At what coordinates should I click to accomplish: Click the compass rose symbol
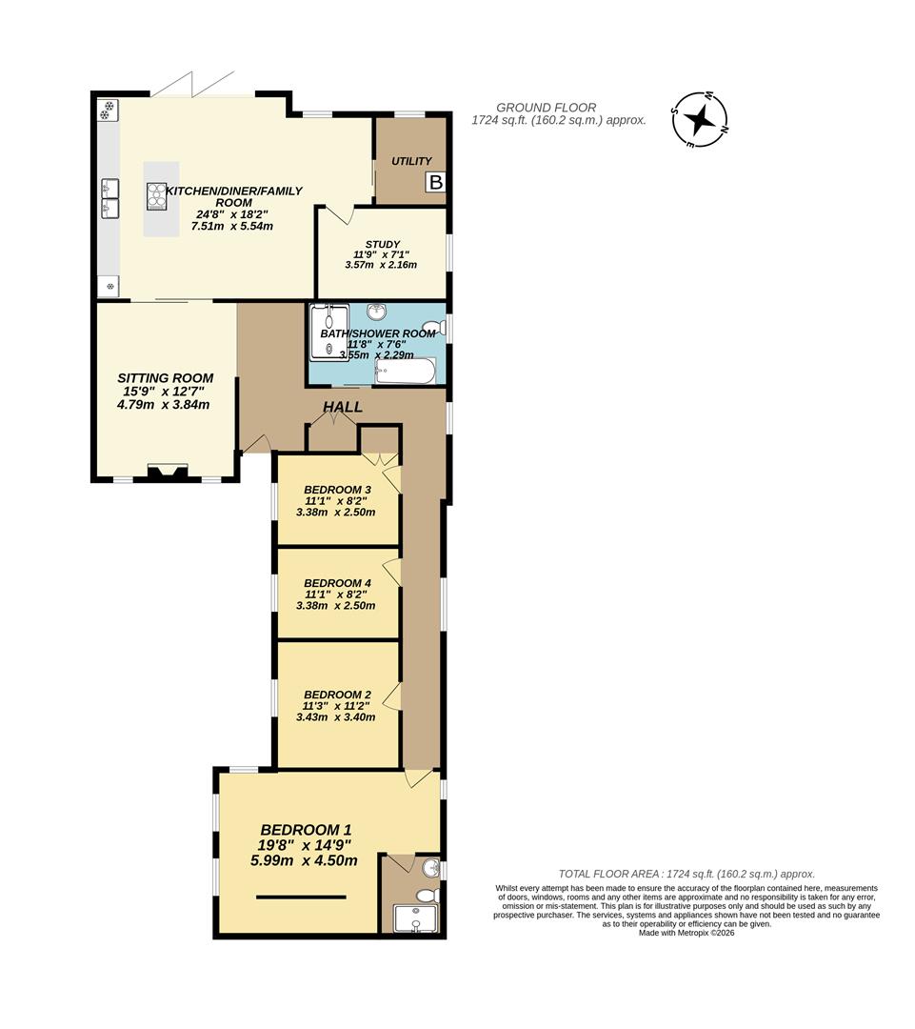point(700,119)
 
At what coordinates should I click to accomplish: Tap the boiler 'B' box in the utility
point(436,182)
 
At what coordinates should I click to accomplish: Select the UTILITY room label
point(412,161)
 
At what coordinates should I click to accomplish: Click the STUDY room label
point(383,244)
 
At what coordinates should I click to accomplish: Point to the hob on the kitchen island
point(157,196)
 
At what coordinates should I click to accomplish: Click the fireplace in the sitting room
point(168,473)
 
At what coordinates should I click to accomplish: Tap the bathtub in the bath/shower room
point(405,372)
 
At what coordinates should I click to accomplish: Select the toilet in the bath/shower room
point(433,326)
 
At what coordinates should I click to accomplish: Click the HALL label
point(343,407)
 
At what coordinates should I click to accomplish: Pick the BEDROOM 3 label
point(338,490)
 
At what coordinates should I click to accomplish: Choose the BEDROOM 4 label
point(338,583)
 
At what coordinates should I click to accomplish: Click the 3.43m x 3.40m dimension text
point(336,717)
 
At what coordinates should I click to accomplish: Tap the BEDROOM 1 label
point(306,830)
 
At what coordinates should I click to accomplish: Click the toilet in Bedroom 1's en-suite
point(428,895)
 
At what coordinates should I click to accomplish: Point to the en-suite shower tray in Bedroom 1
point(414,918)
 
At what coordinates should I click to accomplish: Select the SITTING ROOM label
point(166,378)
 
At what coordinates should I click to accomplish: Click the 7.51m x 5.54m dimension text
point(231,226)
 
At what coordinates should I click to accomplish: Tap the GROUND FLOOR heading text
point(547,108)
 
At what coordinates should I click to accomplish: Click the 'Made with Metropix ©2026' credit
point(686,933)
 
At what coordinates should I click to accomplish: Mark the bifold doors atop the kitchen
point(192,84)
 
